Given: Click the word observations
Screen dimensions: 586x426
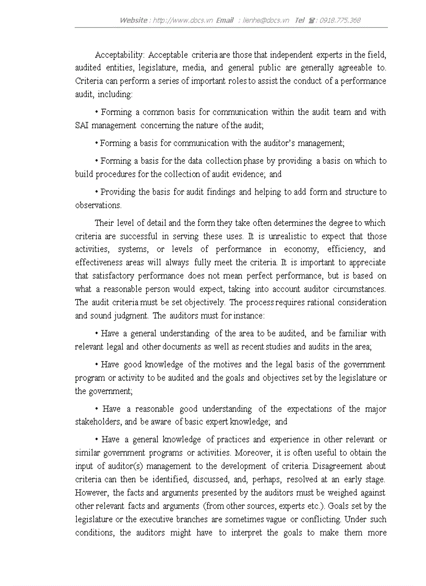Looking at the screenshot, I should [x=98, y=206].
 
